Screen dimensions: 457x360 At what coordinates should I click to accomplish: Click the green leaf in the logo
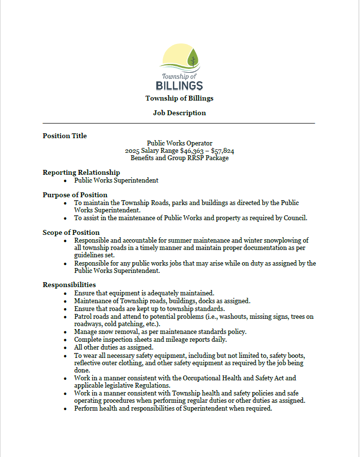click(193, 57)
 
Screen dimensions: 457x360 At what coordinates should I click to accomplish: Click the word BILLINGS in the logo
click(179, 86)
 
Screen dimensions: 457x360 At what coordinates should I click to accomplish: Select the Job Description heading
click(179, 113)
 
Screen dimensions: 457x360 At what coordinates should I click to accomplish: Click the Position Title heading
click(64, 136)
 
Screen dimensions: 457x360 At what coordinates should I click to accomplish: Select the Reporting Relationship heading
click(81, 172)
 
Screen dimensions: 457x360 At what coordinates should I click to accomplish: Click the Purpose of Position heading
click(75, 195)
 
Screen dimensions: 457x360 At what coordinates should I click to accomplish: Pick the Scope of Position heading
click(71, 232)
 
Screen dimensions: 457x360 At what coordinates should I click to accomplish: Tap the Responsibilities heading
click(69, 285)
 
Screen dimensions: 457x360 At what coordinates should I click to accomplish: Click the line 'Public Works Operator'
click(179, 143)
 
